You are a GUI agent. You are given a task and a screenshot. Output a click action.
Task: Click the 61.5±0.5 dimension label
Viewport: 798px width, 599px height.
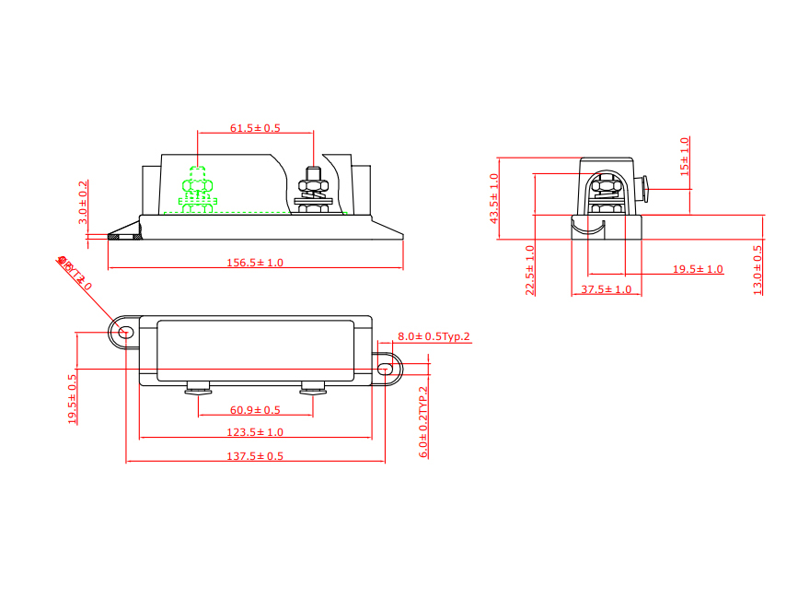point(255,128)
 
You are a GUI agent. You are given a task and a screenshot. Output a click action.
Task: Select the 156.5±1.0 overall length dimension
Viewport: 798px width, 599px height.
point(255,263)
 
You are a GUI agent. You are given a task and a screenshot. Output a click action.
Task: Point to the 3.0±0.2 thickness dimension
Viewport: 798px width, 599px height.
point(84,202)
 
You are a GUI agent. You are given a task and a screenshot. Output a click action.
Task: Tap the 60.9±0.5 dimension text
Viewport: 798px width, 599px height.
point(255,410)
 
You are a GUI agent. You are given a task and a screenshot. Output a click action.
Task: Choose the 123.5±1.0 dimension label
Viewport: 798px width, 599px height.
point(255,432)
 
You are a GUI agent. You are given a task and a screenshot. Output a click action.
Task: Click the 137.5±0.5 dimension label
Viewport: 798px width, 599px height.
point(255,456)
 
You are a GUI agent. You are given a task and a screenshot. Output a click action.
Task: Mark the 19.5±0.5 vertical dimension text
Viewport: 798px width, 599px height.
point(73,398)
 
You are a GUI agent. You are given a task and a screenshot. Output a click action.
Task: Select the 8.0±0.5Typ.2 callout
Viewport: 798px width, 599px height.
point(434,336)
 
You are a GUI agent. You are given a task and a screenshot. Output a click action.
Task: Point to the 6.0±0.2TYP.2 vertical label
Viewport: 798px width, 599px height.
point(423,422)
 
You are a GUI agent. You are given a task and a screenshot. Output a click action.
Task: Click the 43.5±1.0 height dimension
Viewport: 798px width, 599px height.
point(493,198)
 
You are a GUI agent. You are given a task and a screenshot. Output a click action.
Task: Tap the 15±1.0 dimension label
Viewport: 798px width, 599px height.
point(684,157)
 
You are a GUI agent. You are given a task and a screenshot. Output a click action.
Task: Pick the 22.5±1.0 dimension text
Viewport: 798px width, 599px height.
point(529,270)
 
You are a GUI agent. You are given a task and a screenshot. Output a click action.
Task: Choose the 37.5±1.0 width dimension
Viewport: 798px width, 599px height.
point(607,289)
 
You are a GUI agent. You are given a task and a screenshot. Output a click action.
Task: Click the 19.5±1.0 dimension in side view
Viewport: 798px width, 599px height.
point(698,269)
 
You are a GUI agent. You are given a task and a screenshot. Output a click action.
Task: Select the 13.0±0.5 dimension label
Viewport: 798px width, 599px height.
point(758,269)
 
